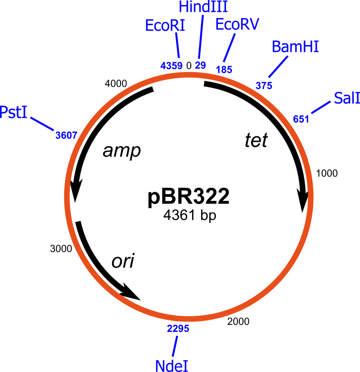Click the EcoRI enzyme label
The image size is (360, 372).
(165, 25)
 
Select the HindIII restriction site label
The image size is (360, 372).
(203, 7)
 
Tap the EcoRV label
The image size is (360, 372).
(237, 24)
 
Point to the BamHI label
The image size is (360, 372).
(295, 46)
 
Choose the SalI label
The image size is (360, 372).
(347, 98)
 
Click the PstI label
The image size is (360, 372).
(13, 112)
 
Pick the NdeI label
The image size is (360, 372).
(171, 366)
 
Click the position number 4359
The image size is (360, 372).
(171, 66)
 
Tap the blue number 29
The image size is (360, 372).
(200, 65)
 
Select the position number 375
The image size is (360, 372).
(264, 86)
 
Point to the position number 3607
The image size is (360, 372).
(66, 136)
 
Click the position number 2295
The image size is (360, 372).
(178, 329)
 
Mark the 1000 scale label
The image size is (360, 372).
(327, 173)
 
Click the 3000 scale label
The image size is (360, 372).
(61, 249)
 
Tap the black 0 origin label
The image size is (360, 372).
(189, 66)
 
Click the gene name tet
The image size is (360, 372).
(256, 140)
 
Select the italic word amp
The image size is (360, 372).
(122, 151)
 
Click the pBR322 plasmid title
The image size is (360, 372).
(189, 197)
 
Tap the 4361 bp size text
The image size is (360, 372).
(190, 215)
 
